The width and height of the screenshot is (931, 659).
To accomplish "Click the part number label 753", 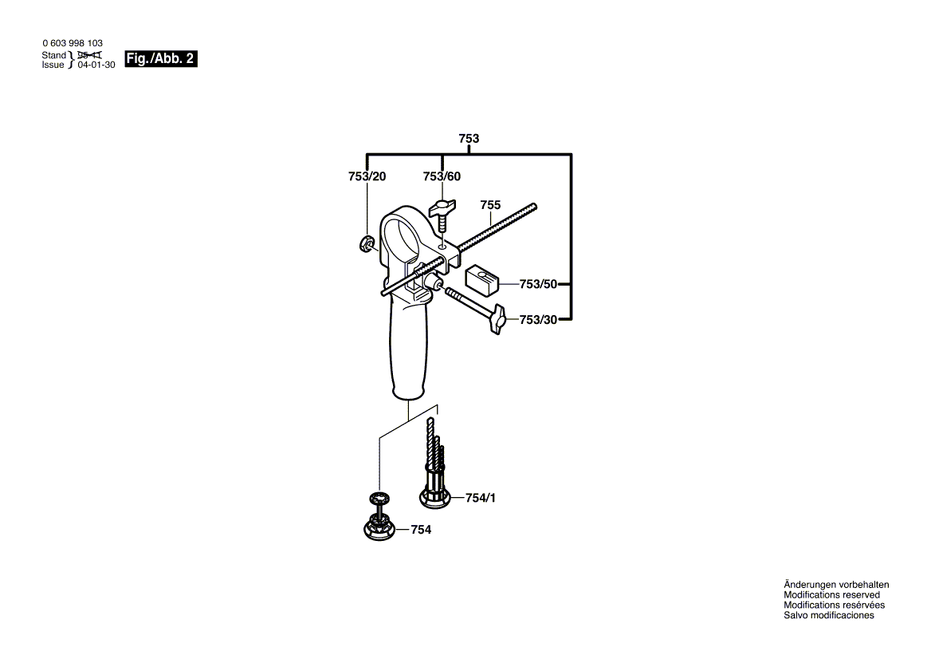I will [469, 139].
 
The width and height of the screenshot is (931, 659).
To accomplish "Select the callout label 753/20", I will [367, 176].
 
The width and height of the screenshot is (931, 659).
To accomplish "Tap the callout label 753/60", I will [442, 176].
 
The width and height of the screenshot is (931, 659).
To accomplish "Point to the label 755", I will [490, 205].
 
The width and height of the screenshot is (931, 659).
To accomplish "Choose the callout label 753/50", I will [538, 284].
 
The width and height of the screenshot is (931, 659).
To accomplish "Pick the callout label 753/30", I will [538, 319].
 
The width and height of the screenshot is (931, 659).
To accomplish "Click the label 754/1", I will [481, 498].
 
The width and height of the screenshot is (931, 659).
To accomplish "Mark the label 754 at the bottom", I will [421, 530].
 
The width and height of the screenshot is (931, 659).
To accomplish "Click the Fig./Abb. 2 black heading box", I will [160, 59].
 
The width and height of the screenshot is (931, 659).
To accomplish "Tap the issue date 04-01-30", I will [96, 65].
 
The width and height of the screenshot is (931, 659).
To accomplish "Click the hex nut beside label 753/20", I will [366, 244].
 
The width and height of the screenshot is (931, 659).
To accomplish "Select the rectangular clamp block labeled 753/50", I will [482, 276].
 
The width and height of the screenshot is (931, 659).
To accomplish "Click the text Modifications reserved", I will [831, 595].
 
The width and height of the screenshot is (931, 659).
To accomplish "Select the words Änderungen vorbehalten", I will [836, 585].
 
